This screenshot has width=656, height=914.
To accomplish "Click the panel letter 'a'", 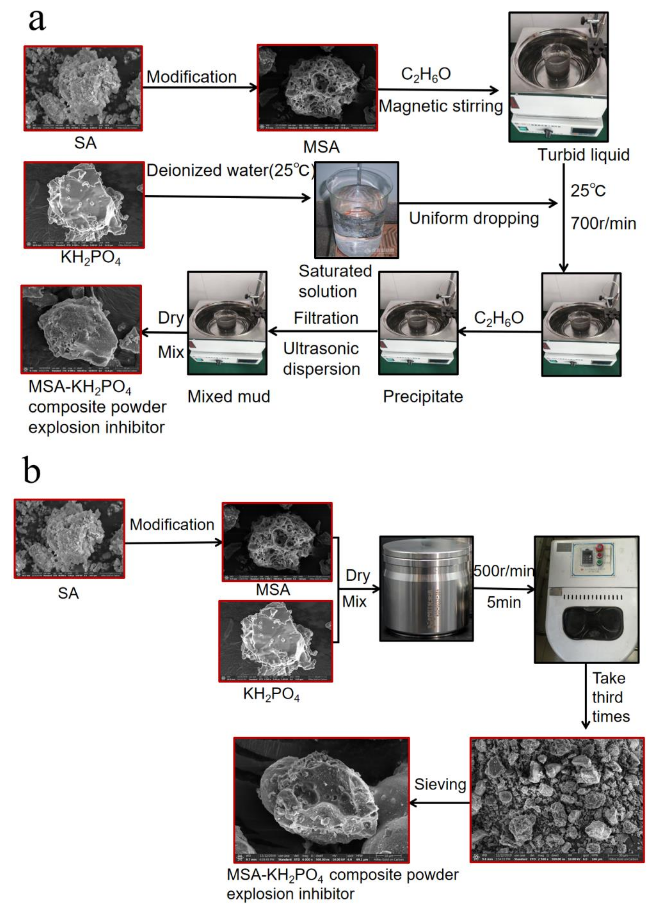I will coord(37,20).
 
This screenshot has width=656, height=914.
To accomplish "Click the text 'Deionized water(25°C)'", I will coord(230,170).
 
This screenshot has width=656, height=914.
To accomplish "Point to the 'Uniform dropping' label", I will coord(474,219).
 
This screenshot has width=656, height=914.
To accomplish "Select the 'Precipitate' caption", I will coord(423,396).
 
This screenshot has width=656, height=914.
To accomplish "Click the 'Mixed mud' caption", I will coord(229,396).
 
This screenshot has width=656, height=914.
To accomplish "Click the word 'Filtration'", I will coord(326,318).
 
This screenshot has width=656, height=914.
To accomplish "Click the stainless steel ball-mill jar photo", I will coord(426,588).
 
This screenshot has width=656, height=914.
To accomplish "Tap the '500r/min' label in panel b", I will coord(503,571).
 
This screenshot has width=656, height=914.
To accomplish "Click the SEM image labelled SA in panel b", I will coord(69,539).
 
